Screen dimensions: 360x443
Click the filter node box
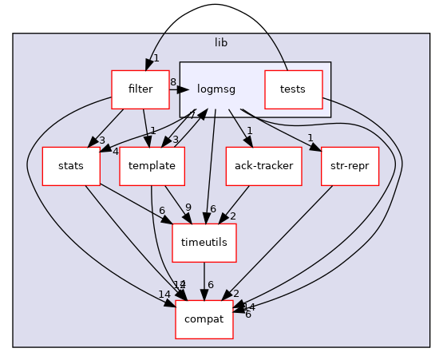click(140, 89)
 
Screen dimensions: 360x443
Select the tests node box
click(293, 89)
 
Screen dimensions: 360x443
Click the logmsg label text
click(215, 89)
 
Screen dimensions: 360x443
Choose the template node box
click(152, 167)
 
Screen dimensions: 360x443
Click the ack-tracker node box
click(263, 167)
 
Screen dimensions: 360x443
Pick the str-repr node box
click(349, 167)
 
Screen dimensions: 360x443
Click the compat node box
click(204, 319)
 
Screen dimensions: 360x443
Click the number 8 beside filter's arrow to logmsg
click(172, 81)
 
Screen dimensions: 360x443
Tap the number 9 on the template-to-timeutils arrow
click(188, 208)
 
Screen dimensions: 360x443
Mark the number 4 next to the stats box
click(116, 152)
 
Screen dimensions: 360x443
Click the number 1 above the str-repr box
click(310, 137)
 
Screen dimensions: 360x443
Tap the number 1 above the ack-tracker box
click(250, 131)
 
